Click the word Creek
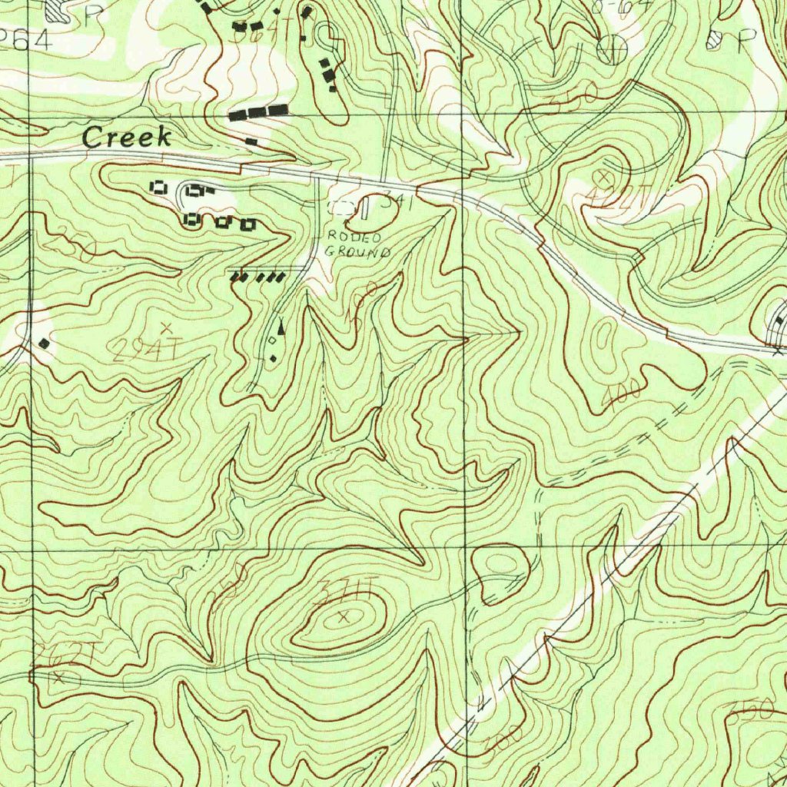tap(127, 138)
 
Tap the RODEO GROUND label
tap(357, 244)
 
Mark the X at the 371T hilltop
tap(344, 615)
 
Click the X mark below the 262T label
tap(59, 677)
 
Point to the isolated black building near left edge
tap(45, 343)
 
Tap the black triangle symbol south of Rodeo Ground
tap(281, 327)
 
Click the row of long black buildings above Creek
tap(258, 113)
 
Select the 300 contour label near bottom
tap(503, 740)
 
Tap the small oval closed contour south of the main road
tap(606, 335)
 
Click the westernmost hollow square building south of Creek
tap(160, 187)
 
